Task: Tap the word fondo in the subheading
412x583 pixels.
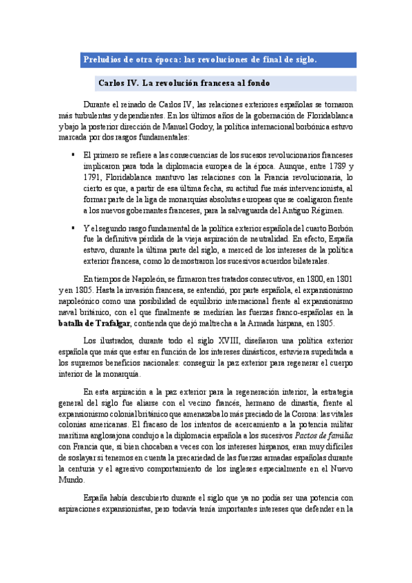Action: tap(252, 83)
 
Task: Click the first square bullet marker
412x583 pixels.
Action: tap(72, 156)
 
